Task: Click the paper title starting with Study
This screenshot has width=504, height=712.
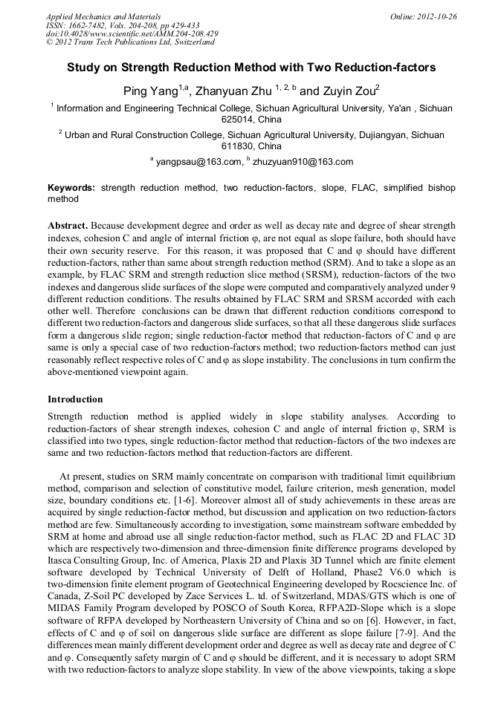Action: click(x=251, y=68)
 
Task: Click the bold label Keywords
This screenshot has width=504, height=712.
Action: click(x=71, y=189)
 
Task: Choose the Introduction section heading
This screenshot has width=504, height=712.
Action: click(x=75, y=399)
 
